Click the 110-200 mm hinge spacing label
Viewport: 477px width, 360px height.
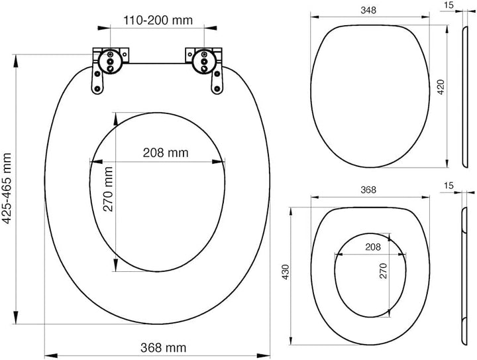click(158, 20)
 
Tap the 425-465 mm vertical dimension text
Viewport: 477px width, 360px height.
click(7, 189)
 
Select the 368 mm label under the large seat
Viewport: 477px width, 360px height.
click(164, 347)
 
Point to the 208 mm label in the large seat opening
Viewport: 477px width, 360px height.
click(166, 152)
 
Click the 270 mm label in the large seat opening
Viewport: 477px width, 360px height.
click(108, 189)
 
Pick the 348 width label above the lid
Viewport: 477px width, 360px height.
click(368, 11)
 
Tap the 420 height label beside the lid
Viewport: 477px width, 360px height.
click(441, 87)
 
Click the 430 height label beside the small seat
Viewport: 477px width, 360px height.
click(286, 272)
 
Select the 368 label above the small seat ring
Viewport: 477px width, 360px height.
click(368, 190)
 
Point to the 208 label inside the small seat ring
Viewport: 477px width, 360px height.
click(373, 247)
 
